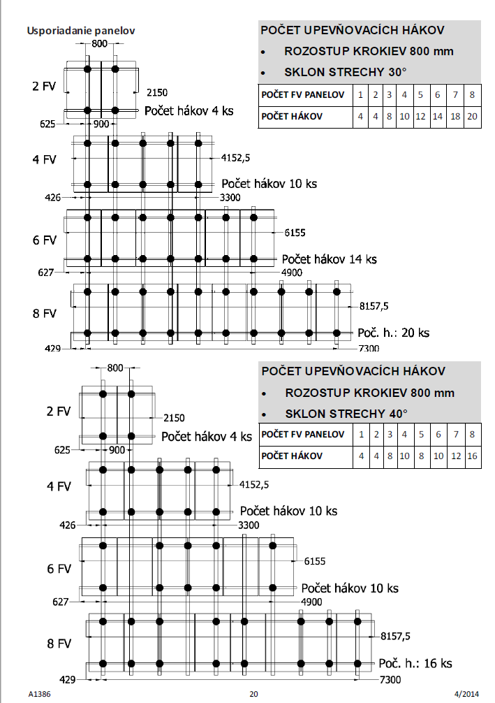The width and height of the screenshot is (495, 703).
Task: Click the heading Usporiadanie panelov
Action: [x=80, y=31]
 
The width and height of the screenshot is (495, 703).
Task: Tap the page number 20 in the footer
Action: [x=253, y=694]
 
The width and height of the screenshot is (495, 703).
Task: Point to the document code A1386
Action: [x=40, y=694]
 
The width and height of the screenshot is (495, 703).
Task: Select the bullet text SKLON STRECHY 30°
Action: [x=345, y=71]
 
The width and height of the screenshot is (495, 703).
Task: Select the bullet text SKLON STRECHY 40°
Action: [x=345, y=413]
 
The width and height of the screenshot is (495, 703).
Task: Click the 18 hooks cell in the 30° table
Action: [x=455, y=116]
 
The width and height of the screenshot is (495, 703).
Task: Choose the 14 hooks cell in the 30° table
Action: [x=437, y=116]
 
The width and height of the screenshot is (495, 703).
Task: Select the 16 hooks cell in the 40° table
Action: [x=473, y=456]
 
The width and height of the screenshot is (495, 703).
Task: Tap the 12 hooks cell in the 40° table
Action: [x=455, y=456]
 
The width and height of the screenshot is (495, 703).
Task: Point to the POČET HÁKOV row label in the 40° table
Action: [x=293, y=456]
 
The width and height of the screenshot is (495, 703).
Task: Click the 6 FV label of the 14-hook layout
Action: [x=44, y=240]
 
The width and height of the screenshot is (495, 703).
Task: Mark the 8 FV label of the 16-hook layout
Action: [x=59, y=642]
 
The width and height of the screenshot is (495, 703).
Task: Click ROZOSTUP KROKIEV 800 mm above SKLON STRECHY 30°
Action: [x=369, y=52]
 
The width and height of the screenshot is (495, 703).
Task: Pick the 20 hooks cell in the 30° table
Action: [x=473, y=116]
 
